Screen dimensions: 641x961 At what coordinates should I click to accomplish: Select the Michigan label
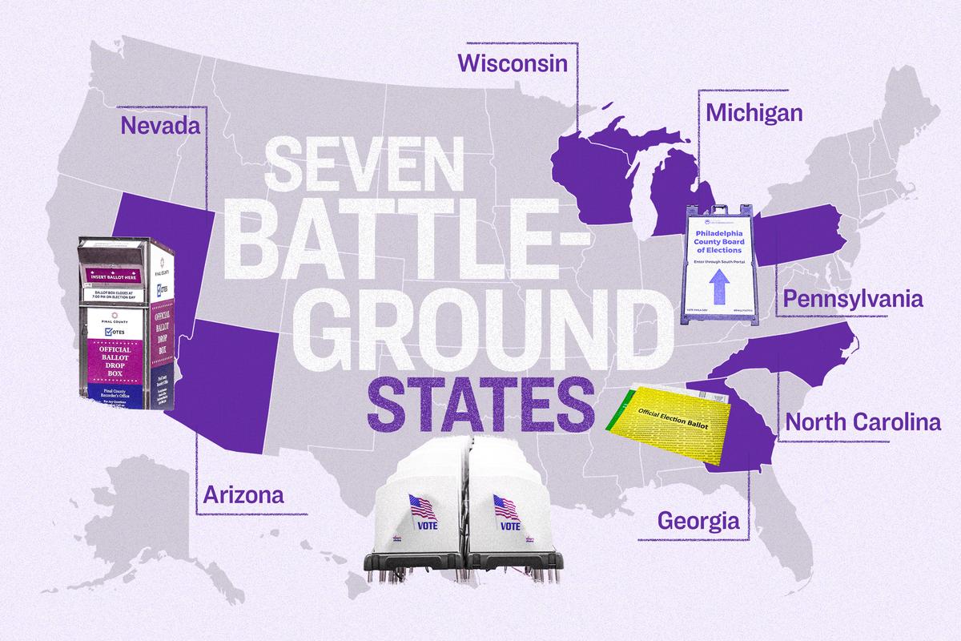point(754,113)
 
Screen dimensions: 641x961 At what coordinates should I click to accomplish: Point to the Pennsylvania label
point(853,300)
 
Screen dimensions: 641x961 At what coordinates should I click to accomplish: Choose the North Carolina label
point(862,421)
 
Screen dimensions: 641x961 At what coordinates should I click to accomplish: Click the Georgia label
point(698,522)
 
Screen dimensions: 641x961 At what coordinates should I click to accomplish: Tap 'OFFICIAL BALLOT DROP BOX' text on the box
point(119,365)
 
